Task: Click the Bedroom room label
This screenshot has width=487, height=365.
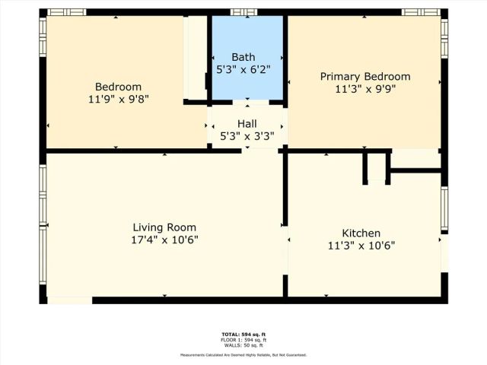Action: (118, 87)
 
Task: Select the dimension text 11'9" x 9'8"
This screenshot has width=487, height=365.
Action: (118, 99)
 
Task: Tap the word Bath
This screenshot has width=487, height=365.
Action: (243, 57)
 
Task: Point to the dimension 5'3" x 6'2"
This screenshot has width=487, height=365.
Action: (246, 69)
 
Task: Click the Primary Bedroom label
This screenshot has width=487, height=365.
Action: (364, 77)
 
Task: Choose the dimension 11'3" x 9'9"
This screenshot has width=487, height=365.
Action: (364, 89)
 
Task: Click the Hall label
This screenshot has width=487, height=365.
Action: (247, 124)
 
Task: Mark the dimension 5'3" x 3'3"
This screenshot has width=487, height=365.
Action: (247, 136)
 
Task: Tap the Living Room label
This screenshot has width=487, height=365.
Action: (164, 227)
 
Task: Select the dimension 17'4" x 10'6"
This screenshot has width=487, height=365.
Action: (164, 240)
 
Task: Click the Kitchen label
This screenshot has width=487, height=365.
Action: (361, 233)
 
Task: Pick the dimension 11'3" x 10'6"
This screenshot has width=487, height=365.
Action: (361, 246)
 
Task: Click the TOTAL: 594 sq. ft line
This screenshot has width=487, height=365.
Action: (243, 334)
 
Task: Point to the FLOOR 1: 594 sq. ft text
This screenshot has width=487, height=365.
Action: (243, 339)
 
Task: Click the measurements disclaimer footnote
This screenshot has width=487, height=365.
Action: (243, 355)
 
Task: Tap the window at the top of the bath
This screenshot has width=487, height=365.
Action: (243, 12)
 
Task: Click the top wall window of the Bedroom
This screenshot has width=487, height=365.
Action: (67, 12)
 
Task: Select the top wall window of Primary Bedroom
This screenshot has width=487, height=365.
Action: (421, 12)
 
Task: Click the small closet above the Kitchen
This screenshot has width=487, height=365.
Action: (376, 166)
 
